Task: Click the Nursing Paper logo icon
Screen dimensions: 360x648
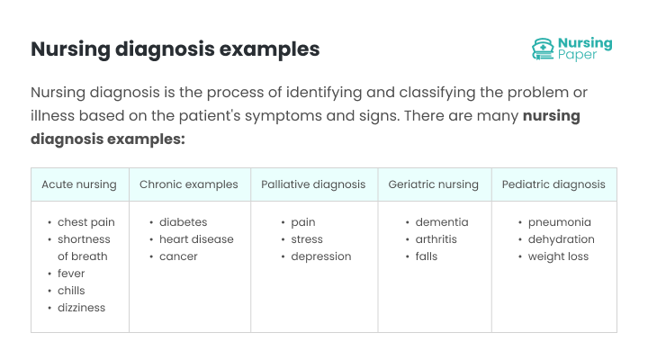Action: tap(543, 49)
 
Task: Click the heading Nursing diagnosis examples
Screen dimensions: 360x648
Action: tap(175, 49)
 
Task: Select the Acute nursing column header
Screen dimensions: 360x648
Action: tap(79, 184)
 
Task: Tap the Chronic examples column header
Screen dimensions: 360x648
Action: tap(189, 184)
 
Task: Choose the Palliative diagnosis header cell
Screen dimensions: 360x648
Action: tap(313, 184)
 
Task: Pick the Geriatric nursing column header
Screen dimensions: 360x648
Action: tap(433, 184)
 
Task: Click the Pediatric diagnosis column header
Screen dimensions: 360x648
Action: tap(553, 184)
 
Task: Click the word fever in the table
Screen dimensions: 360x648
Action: tap(71, 274)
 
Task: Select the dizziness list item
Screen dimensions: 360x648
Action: tap(81, 308)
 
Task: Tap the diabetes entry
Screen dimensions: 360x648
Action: tap(183, 222)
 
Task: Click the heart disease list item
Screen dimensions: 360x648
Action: tap(196, 239)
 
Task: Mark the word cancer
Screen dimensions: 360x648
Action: tap(178, 256)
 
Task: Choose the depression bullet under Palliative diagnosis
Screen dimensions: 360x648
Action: tap(320, 256)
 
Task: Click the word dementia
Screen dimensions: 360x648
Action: tap(441, 222)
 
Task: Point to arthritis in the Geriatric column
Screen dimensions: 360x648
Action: tap(436, 239)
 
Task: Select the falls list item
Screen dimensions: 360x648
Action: tap(427, 256)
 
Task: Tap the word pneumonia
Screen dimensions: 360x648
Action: tap(560, 222)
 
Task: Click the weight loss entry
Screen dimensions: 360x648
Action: tap(558, 256)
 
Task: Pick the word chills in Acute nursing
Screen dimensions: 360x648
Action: tap(71, 291)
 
